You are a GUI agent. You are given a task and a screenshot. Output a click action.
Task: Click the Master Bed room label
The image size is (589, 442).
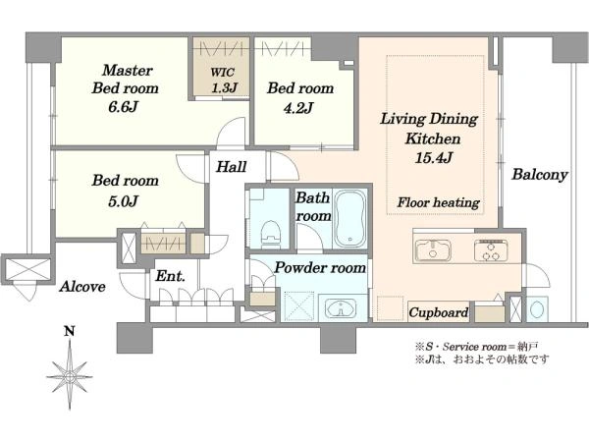pos(126,80)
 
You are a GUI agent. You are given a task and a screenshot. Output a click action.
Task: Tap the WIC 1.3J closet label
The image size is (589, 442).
pos(224,80)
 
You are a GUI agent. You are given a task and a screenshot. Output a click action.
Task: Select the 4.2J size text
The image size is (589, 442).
pos(298,108)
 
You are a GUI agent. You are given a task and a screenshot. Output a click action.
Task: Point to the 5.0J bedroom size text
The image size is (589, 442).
pos(124,201)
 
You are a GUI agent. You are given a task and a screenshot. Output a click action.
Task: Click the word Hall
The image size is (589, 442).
pos(231,167)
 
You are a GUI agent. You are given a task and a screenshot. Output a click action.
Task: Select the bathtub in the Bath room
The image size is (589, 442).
pos(350,218)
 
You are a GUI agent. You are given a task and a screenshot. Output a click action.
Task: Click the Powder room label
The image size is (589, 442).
pos(320,267)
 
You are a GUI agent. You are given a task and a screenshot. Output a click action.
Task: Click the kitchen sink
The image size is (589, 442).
pos(433,250)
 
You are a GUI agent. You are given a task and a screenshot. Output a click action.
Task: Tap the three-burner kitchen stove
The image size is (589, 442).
pos(491,250)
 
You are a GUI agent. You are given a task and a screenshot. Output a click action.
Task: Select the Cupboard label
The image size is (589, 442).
pos(439,312)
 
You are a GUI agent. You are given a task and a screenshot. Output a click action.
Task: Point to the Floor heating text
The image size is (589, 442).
pos(439,203)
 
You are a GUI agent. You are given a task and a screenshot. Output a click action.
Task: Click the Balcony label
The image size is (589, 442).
pos(540,175)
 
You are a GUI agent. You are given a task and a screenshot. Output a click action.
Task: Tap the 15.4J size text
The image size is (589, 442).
pos(433,158)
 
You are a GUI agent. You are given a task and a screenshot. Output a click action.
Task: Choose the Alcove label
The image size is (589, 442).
pos(82,287)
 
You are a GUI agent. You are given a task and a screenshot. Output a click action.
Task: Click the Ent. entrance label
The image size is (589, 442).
pos(170,276)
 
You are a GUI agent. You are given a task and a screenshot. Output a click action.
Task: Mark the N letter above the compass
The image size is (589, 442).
pos(69,332)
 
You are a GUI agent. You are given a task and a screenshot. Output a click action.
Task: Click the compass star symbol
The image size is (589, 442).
pos(70,376)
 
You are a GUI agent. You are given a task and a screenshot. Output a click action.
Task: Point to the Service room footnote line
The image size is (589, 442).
pos(477,346)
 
